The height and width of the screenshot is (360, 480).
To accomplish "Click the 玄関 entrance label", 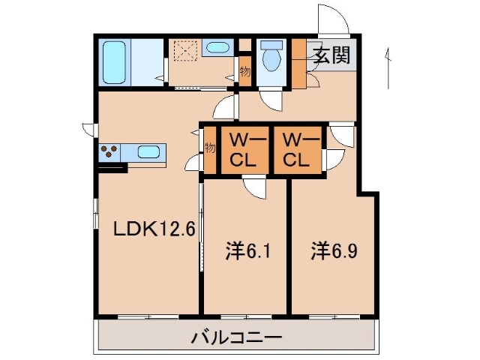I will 329,56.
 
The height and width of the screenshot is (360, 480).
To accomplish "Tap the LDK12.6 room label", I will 154,228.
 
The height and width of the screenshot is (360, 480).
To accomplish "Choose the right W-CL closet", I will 295,150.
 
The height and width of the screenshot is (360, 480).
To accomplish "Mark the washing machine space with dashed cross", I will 184,50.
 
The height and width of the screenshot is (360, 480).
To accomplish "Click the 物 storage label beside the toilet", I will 245,71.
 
